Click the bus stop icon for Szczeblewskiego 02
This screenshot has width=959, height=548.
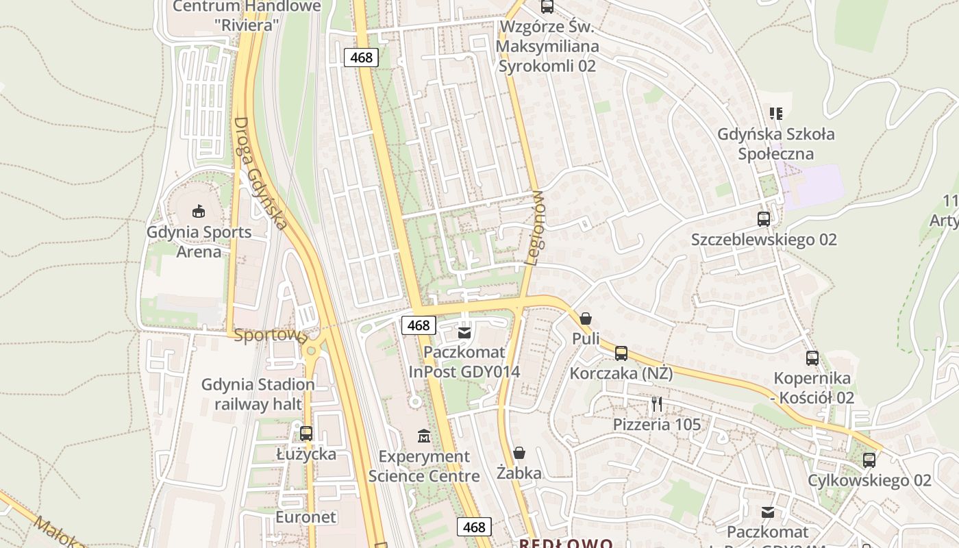point(764,219)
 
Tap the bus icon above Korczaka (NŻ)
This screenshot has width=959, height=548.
point(621,353)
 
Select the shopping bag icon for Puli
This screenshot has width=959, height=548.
point(586,319)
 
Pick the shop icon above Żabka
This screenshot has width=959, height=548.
point(519,453)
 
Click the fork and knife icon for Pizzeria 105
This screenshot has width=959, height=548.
point(657,404)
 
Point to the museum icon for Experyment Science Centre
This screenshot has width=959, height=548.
point(424,436)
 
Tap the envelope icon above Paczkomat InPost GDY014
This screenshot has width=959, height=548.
point(464,332)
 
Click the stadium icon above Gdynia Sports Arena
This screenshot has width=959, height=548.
point(199,211)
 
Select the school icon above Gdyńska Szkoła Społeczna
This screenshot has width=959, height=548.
point(776,113)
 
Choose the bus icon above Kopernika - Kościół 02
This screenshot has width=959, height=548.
point(812,358)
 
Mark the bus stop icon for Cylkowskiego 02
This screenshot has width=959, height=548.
point(869,460)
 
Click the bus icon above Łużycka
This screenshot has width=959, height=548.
point(306,434)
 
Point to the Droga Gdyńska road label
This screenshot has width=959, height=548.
point(260,174)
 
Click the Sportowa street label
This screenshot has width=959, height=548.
point(270,336)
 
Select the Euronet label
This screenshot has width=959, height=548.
point(306,516)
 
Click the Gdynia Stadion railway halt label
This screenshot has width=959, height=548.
point(258,394)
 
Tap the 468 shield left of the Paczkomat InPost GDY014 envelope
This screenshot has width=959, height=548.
point(418,325)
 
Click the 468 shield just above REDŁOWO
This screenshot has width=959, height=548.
point(474,527)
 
